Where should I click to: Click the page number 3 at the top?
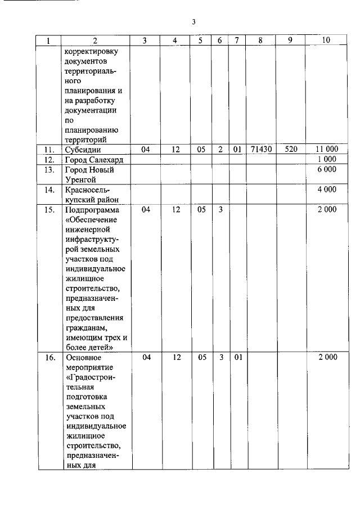pyautogui.click(x=193, y=22)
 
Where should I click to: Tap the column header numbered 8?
pyautogui.click(x=260, y=40)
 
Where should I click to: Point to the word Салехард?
pyautogui.click(x=106, y=160)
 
